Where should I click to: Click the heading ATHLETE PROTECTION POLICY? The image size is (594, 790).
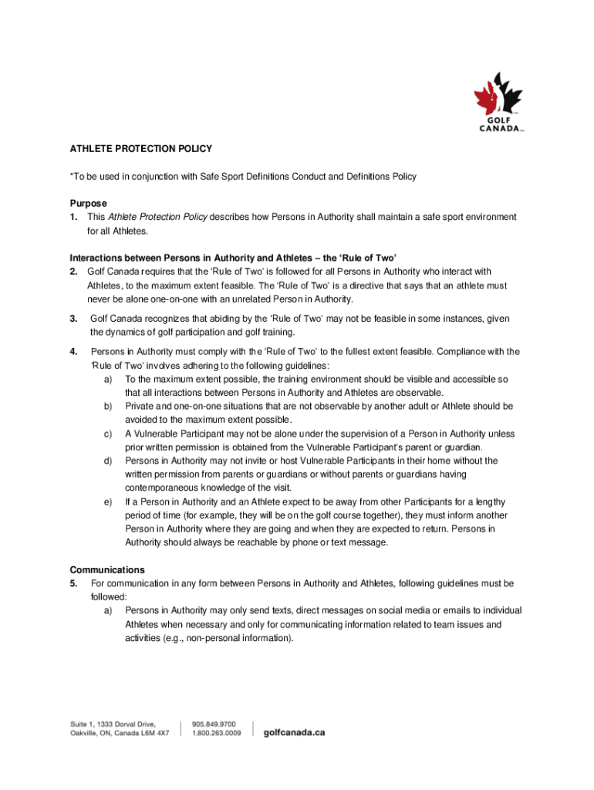click(x=141, y=147)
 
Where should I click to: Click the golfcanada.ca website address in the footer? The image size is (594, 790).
click(x=295, y=732)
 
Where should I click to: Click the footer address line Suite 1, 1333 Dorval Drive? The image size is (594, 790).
click(x=110, y=724)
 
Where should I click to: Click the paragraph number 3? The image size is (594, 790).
click(x=73, y=319)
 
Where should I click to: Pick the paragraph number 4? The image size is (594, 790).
click(x=73, y=352)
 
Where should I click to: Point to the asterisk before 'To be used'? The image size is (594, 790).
click(x=72, y=177)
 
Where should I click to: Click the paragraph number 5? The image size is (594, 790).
click(x=73, y=583)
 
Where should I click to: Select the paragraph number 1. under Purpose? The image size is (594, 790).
click(x=74, y=218)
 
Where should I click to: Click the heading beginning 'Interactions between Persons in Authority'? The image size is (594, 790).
click(x=233, y=258)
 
